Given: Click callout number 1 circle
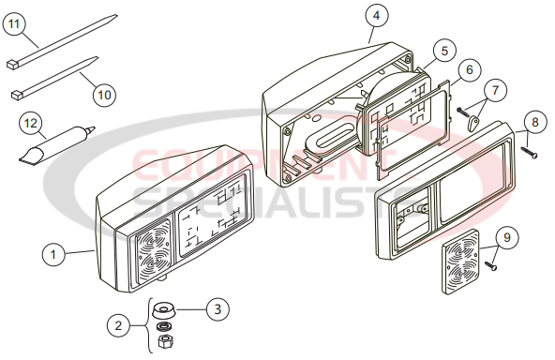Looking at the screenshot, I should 55,252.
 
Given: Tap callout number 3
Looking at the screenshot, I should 216,307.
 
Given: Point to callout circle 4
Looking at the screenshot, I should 375,17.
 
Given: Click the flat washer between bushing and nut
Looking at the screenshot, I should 166,326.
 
